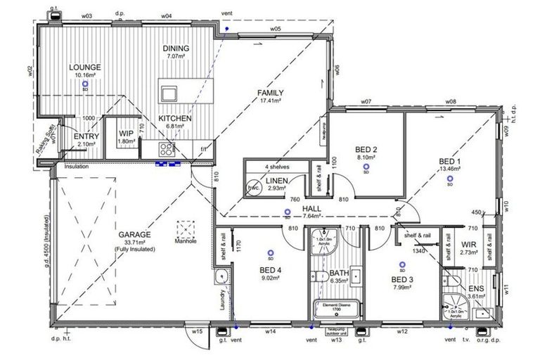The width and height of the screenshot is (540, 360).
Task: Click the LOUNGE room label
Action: pyautogui.click(x=84, y=67)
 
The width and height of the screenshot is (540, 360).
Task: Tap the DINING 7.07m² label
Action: pyautogui.click(x=174, y=49)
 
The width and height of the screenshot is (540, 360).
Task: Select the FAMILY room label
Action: pyautogui.click(x=270, y=93)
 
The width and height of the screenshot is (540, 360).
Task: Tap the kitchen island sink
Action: pyautogui.click(x=169, y=93)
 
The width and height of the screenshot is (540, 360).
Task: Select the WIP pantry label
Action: pyautogui.click(x=127, y=133)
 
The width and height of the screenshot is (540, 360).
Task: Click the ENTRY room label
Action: pyautogui.click(x=85, y=136)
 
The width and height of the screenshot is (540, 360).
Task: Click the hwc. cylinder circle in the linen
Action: pyautogui.click(x=252, y=189)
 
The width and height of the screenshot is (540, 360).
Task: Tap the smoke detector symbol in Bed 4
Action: pyautogui.click(x=270, y=252)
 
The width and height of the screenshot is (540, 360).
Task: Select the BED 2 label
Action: pyautogui.click(x=366, y=150)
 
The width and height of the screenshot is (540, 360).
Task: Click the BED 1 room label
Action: pyautogui.click(x=449, y=160)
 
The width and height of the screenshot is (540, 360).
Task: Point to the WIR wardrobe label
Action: pyautogui.click(x=470, y=245)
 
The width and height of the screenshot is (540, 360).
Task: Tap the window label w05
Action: pyautogui.click(x=275, y=29)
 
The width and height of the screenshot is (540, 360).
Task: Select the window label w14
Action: pyautogui.click(x=269, y=330)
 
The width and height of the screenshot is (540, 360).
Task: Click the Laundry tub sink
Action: pyautogui.click(x=220, y=275)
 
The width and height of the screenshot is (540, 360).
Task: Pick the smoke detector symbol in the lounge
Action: pyautogui.click(x=85, y=83)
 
